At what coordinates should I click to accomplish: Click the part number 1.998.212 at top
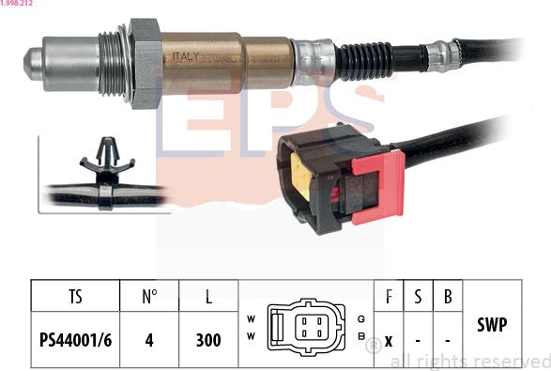[17, 3]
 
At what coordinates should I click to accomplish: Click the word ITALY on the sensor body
[186, 56]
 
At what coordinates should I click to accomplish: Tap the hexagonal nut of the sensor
[145, 63]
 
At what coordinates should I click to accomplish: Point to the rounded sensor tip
[34, 64]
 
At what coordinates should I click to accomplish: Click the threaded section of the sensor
[112, 64]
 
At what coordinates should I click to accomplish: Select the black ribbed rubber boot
[363, 61]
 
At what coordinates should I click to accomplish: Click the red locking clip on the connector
[379, 187]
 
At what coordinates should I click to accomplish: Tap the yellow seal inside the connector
[300, 177]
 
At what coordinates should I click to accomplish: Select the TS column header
[75, 297]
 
